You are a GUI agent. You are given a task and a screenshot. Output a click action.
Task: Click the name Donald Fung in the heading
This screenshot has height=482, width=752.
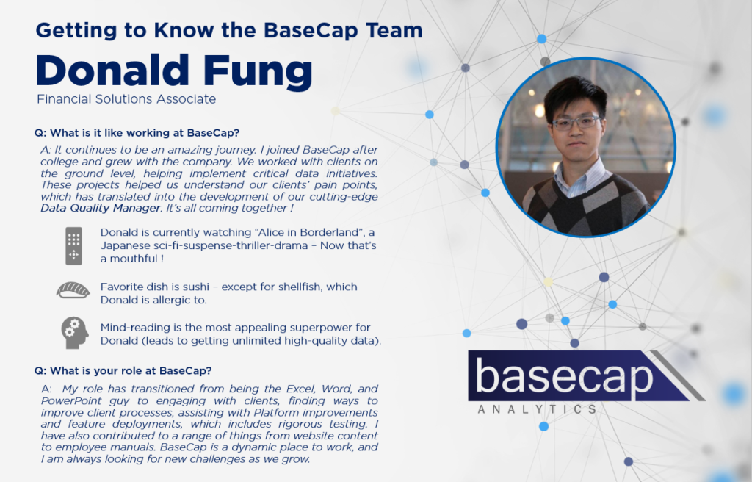coord(174,72)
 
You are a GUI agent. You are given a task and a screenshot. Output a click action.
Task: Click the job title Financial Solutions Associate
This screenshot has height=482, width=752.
coord(126,99)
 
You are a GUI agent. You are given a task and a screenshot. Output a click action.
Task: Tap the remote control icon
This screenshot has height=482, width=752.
coord(74,246)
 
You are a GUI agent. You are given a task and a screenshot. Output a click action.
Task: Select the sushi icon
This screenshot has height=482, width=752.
coord(73,290)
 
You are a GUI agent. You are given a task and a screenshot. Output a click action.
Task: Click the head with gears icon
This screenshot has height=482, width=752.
coord(74,333)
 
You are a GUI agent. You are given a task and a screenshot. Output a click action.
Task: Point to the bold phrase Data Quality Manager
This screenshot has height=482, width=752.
coord(100,208)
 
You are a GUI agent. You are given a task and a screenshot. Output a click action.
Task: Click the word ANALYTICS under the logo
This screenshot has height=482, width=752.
coord(537,409)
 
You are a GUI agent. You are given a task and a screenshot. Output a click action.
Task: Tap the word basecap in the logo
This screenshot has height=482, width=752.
coord(564,377)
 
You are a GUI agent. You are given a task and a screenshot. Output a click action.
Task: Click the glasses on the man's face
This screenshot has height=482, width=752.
coord(576,123)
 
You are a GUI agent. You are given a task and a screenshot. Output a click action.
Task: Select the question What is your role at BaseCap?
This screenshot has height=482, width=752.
coord(123,370)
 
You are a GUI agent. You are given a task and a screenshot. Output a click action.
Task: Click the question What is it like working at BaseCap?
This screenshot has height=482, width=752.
coord(137,132)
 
